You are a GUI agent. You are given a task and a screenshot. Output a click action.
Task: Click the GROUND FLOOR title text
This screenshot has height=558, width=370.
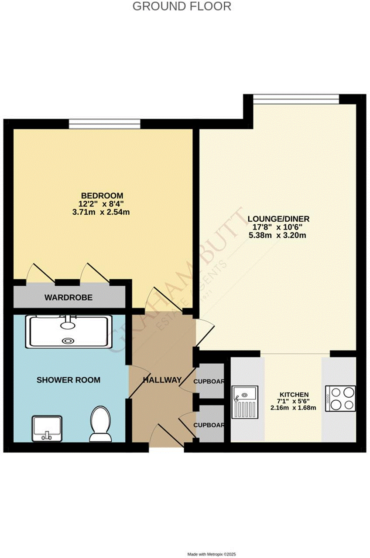(182, 7)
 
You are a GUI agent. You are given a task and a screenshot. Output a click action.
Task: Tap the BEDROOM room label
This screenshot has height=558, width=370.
(102, 195)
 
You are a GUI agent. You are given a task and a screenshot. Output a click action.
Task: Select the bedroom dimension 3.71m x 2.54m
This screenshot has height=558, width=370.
(102, 213)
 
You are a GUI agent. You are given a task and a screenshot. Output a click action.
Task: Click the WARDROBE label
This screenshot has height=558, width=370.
(69, 298)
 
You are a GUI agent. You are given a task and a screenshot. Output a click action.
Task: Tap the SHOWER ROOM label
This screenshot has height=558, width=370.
(68, 380)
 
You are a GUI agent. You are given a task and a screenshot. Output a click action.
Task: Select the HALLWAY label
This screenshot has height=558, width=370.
(162, 380)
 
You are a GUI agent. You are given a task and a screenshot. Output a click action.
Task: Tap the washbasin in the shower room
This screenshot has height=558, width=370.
(47, 428)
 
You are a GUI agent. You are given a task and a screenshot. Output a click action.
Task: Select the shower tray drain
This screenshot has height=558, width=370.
(69, 341)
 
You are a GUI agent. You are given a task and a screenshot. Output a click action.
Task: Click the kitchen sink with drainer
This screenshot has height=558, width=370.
(246, 405)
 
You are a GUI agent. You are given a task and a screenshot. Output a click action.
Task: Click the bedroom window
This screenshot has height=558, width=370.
(104, 125)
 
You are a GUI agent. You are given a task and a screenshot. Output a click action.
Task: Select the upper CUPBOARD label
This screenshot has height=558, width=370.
(209, 382)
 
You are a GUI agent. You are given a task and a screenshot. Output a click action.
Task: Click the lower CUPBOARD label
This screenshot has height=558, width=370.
(209, 425)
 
